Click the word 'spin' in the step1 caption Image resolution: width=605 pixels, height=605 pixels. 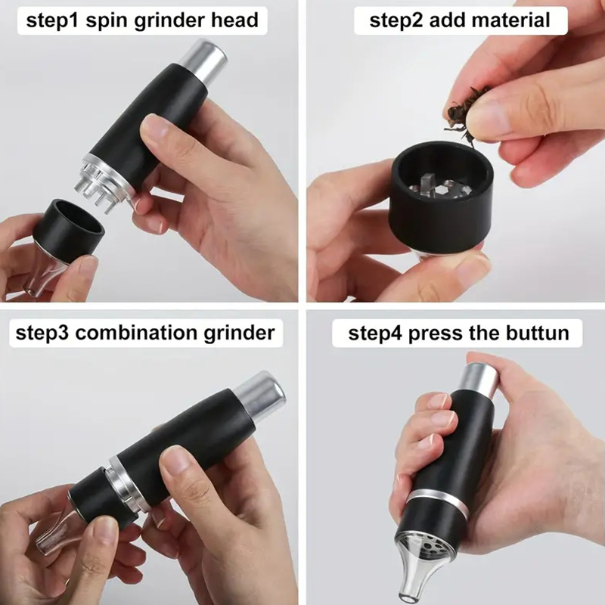pyautogui.click(x=107, y=21)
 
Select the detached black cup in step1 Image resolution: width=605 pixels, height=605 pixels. pyautogui.click(x=69, y=231)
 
